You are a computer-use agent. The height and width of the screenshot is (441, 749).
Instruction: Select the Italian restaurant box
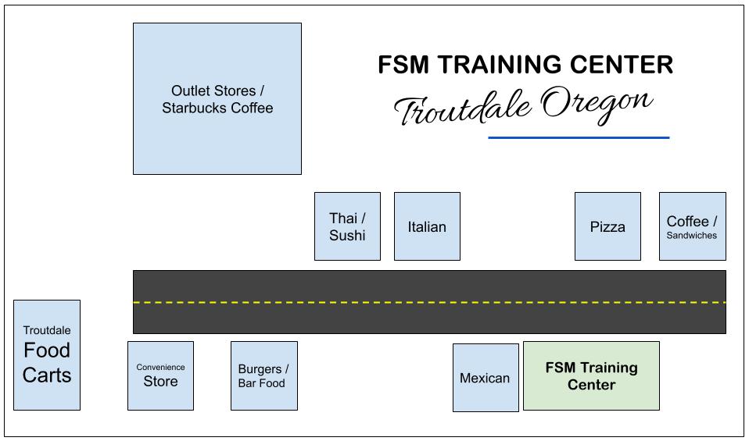point(427,226)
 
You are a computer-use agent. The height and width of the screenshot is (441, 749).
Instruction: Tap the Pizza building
point(607,226)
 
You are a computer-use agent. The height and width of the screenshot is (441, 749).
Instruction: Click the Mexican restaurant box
point(485,378)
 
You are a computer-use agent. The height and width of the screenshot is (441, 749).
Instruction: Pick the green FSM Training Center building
point(591,375)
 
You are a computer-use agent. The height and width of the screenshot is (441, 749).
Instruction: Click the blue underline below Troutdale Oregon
point(579,137)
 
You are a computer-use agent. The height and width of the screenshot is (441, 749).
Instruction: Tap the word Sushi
point(347,235)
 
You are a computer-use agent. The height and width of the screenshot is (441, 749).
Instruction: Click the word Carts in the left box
point(47,375)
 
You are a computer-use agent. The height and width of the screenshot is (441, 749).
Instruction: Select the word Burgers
point(260,368)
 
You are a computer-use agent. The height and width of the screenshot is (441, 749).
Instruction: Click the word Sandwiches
point(692,235)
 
